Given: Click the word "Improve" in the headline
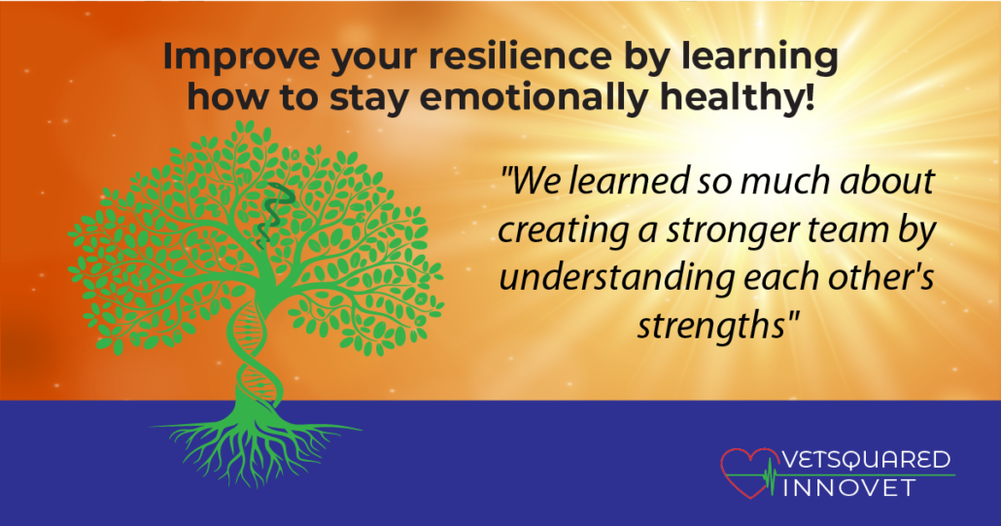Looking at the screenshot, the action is [242, 56].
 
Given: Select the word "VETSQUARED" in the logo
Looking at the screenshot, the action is [866, 460].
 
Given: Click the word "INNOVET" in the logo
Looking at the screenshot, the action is [849, 488].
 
